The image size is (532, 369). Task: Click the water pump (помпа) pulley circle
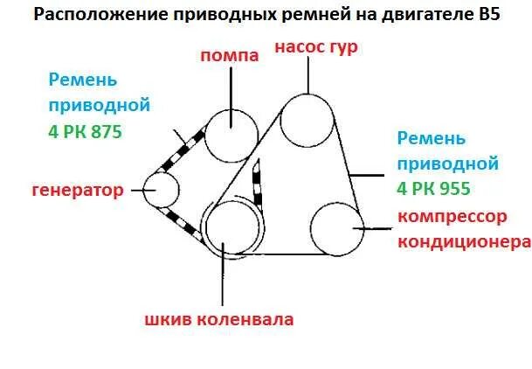(231, 134)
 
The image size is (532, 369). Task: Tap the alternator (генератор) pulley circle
(162, 189)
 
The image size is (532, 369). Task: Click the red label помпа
(230, 56)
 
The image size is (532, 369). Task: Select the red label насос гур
(315, 47)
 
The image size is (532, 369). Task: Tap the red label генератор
(77, 190)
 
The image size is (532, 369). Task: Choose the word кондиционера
(464, 241)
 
